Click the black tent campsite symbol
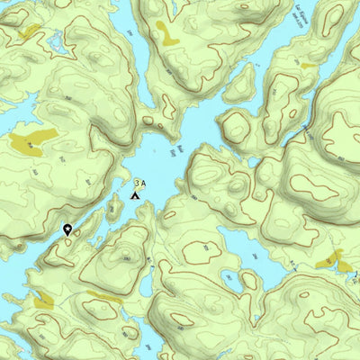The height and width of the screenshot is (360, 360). (x=136, y=193)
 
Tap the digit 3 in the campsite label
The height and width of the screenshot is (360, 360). (x=137, y=184)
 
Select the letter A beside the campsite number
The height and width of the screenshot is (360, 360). (x=143, y=184)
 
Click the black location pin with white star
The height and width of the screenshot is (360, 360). (x=68, y=229)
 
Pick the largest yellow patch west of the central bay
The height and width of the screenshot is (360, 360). (x=32, y=141)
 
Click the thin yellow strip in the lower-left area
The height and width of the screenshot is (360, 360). (x=103, y=296)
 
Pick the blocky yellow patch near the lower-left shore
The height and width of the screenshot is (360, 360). (x=42, y=301)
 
